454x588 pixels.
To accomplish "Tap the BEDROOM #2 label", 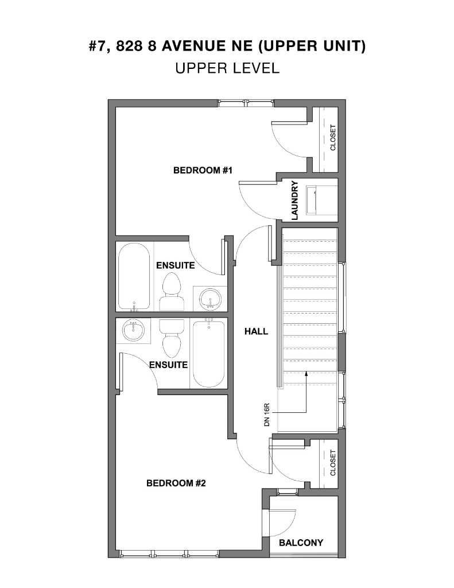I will (x=176, y=483).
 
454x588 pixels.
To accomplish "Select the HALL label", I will (x=256, y=331).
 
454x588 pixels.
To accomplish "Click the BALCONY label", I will (x=301, y=543).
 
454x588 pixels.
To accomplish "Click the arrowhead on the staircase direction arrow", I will (x=306, y=374).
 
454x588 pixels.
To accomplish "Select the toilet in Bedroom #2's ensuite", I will (x=171, y=338).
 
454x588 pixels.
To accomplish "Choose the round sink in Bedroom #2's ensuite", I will (x=134, y=331).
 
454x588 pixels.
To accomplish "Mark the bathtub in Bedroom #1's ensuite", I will (x=134, y=277).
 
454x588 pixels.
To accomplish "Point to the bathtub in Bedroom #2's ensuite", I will (x=208, y=354).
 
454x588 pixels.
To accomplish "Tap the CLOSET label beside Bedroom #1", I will (x=333, y=138).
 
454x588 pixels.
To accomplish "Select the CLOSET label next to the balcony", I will (x=333, y=463).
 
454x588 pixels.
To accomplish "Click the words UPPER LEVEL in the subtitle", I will (x=227, y=68).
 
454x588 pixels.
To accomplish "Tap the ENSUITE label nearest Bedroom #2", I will (x=168, y=365).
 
